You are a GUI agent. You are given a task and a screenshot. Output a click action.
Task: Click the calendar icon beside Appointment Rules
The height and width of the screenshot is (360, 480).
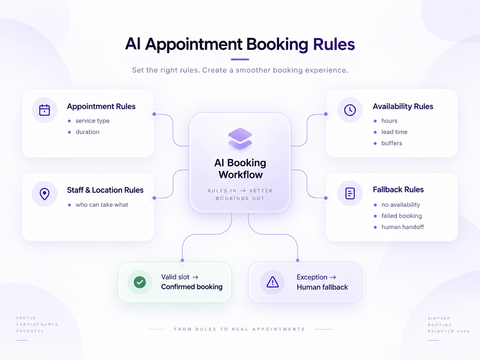(44, 110)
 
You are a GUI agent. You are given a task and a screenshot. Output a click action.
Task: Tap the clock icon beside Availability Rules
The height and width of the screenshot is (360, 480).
(350, 110)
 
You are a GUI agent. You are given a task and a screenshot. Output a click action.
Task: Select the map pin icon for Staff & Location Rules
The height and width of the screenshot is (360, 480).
(44, 194)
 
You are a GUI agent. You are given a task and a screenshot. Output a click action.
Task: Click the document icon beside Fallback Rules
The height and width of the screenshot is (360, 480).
(350, 193)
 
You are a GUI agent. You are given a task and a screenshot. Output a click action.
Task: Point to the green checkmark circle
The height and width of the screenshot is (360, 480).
(140, 282)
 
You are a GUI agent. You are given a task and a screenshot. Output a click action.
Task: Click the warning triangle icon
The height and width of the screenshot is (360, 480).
(272, 282)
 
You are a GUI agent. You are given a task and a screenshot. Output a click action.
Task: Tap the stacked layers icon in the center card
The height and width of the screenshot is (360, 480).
(240, 139)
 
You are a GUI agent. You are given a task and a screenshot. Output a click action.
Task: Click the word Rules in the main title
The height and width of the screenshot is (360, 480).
(334, 44)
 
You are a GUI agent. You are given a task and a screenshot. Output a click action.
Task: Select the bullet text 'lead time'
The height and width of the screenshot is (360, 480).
(394, 132)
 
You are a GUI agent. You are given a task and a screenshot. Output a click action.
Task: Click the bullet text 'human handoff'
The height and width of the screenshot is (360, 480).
(402, 227)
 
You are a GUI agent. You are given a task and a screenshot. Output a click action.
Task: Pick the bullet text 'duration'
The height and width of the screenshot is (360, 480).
(87, 132)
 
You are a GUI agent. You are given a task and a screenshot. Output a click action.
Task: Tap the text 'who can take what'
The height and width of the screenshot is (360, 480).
(102, 205)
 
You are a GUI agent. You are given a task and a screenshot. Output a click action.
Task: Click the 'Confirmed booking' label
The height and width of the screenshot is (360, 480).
(192, 287)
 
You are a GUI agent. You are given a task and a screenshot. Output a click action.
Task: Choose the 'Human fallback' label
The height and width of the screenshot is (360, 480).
(322, 287)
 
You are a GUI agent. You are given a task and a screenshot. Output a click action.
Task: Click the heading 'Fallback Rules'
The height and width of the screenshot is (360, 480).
(398, 190)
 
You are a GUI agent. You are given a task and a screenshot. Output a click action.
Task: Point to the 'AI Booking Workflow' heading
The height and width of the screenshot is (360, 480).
(240, 169)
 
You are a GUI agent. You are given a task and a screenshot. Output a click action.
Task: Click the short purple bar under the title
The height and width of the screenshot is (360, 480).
(240, 59)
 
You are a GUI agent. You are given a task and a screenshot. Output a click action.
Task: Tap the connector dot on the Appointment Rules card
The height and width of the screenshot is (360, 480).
(154, 114)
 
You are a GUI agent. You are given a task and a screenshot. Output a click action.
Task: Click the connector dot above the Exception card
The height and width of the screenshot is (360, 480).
(297, 260)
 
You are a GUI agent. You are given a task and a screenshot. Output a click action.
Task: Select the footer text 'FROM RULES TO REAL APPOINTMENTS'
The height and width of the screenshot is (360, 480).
(239, 329)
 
